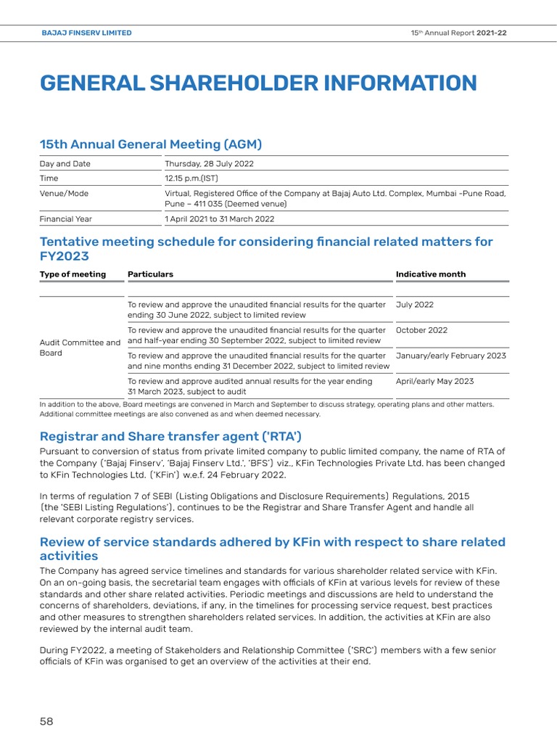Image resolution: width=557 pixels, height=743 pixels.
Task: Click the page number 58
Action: pos(46,721)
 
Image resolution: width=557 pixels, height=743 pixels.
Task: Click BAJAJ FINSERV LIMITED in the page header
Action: pos(86,33)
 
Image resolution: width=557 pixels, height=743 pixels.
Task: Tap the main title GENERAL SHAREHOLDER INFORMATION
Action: pos(258,83)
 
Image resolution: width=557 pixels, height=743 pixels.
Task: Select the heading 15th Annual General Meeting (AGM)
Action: pos(151,144)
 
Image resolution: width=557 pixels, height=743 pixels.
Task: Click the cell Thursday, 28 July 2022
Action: pos(210,164)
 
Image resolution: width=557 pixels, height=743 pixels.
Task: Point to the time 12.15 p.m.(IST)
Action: pos(191,178)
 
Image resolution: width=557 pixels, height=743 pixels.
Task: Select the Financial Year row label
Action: pos(66,219)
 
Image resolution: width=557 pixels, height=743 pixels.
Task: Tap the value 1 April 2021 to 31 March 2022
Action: pos(220,219)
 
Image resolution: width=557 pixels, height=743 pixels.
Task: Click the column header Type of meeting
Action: pos(73,274)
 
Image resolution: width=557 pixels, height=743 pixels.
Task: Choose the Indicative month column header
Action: pos(431,274)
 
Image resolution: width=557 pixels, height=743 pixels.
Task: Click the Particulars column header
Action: pos(150,274)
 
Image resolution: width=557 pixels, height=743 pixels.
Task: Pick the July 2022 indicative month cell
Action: pos(415,305)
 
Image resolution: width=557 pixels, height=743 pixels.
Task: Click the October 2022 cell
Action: pos(421,330)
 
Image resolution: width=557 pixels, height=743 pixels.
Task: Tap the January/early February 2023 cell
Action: pos(451,356)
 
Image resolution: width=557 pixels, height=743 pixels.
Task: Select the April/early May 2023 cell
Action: pos(434,381)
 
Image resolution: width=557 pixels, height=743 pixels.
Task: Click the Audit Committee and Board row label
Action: pos(80,348)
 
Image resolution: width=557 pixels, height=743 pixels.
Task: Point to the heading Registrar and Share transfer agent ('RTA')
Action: pos(170,436)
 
